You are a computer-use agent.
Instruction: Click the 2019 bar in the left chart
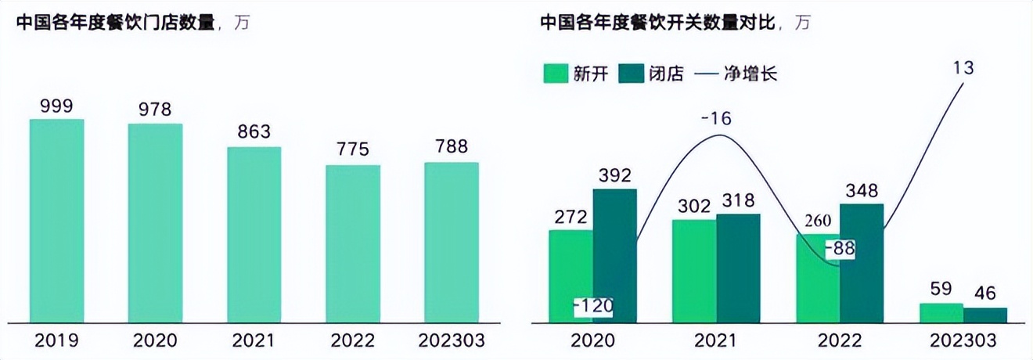56,221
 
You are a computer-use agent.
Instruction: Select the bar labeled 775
353,243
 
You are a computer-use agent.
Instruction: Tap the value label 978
155,110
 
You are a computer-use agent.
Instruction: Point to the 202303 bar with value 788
452,243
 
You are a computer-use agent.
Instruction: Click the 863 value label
254,132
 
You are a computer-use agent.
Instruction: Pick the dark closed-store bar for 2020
615,255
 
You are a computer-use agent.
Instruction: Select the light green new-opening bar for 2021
694,271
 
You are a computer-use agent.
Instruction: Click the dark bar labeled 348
862,263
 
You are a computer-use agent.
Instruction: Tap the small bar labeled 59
941,313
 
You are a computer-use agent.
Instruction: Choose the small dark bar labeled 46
985,315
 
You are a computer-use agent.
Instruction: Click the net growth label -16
716,119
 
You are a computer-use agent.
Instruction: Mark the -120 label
592,306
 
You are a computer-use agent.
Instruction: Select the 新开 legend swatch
554,74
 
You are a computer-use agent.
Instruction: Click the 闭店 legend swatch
630,74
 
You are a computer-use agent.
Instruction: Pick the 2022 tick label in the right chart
840,341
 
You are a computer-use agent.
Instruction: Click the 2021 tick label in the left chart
254,341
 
